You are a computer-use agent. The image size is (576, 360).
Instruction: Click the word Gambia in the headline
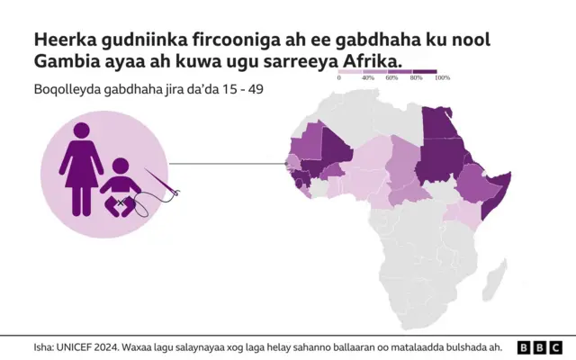click(x=67, y=60)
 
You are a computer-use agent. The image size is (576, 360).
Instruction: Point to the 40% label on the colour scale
click(x=367, y=79)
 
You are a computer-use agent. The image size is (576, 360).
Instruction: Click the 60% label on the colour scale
click(x=391, y=79)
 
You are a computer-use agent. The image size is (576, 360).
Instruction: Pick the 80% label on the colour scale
click(x=416, y=79)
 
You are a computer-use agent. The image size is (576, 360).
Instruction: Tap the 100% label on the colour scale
click(x=442, y=79)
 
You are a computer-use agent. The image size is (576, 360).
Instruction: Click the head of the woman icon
click(x=80, y=131)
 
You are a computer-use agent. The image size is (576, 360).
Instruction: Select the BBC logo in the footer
click(x=539, y=347)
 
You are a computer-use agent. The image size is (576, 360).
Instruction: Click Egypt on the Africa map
click(x=436, y=126)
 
